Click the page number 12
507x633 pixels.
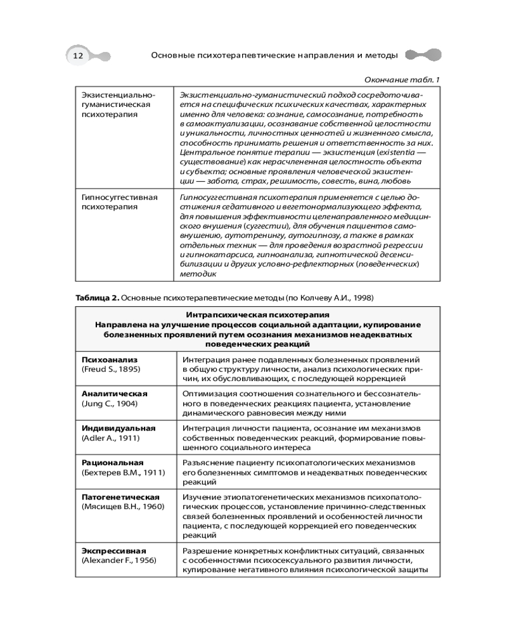(x=78, y=56)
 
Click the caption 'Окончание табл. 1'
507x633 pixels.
(x=402, y=78)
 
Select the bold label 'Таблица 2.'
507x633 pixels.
(x=96, y=297)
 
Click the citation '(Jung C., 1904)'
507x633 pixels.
(x=110, y=403)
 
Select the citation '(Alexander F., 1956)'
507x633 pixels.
(x=119, y=560)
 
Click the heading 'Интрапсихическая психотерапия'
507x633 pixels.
(x=257, y=315)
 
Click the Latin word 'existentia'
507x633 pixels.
(x=397, y=153)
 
